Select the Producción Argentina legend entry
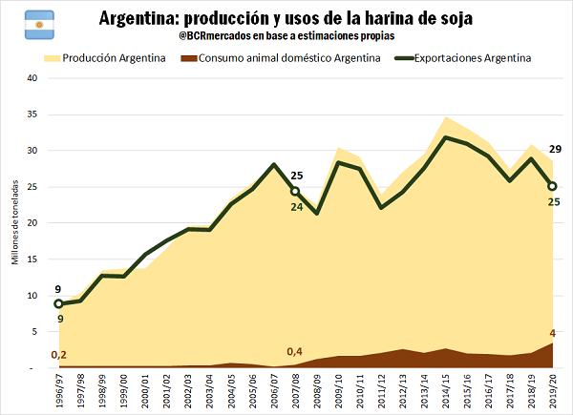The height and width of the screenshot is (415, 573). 106,59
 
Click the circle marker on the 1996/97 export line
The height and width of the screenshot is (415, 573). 59,303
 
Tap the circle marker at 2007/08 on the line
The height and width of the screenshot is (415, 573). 296,192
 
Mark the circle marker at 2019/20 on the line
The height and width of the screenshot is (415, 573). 552,187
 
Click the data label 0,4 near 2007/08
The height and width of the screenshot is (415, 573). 295,349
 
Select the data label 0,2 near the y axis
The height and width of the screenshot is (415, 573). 58,355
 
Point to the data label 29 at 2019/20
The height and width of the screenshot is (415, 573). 554,150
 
